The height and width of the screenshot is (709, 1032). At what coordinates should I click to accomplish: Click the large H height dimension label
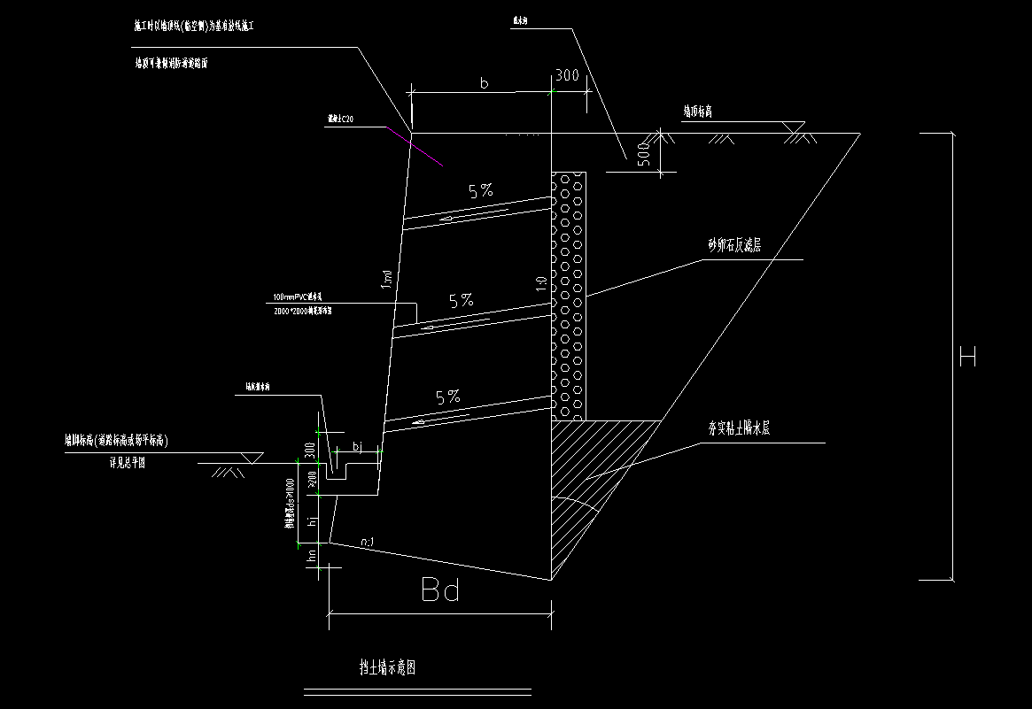point(967,358)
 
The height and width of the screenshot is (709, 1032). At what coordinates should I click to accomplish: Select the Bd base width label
point(440,590)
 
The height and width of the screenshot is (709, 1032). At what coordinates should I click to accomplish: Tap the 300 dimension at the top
point(566,76)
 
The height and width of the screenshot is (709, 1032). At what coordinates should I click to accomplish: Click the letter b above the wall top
point(484,83)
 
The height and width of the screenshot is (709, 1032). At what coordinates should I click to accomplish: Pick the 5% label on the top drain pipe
point(481,190)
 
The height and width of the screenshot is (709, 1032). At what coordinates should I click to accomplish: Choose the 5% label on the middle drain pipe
point(461,301)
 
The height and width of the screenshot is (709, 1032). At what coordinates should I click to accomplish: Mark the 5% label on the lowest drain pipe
point(448,397)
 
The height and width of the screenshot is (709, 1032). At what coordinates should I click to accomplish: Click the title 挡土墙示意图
point(382,667)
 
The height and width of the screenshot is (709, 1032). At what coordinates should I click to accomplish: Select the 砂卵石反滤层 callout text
point(733,246)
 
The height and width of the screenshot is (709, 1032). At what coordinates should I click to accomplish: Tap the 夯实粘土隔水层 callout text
point(738,428)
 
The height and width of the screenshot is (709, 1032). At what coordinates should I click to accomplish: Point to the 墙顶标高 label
point(698,112)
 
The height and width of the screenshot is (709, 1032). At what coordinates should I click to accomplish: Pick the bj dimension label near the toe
point(358,446)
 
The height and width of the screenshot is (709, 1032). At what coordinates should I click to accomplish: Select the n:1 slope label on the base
point(370,540)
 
